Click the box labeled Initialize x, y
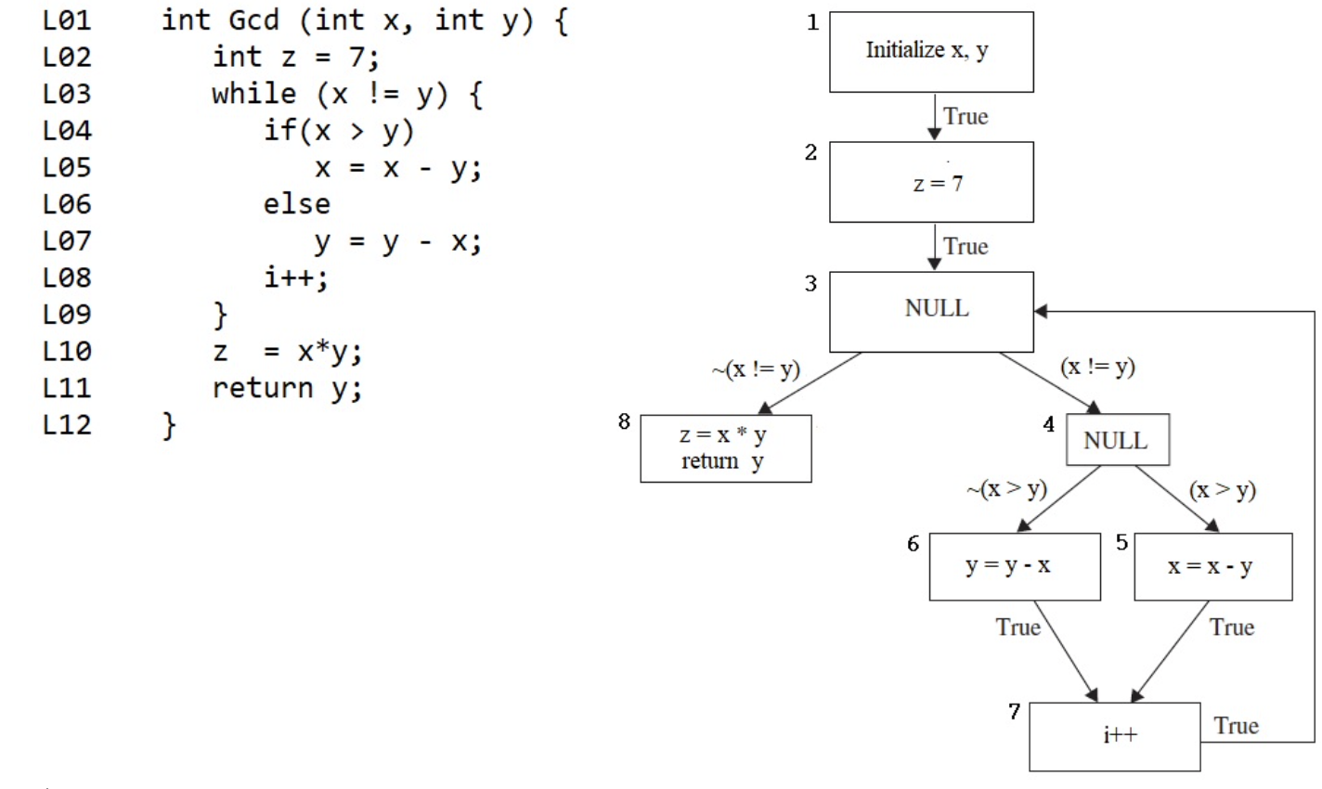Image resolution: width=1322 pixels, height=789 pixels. click(930, 52)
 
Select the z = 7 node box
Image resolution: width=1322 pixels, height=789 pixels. click(930, 182)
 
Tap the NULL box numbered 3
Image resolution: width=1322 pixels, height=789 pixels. click(930, 311)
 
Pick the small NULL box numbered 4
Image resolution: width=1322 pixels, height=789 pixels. click(1117, 440)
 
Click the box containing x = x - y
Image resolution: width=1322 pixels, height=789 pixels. click(1212, 566)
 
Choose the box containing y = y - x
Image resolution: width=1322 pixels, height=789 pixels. click(1014, 566)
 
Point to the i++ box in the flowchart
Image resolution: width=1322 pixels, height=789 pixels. click(1114, 736)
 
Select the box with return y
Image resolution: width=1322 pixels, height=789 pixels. click(725, 448)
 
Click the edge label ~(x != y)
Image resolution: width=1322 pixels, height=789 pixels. click(756, 369)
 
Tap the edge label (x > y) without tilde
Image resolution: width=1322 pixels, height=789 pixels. click(1222, 489)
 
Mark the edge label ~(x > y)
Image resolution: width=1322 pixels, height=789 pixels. click(1006, 489)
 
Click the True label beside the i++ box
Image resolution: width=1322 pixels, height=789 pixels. click(1236, 726)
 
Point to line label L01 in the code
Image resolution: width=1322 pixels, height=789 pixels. click(67, 20)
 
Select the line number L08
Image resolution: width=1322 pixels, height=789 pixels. click(67, 278)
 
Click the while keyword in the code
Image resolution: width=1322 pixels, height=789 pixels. click(253, 94)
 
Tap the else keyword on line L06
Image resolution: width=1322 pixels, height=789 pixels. click(296, 204)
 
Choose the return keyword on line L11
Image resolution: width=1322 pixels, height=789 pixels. click(262, 388)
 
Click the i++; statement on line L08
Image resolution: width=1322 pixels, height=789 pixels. click(295, 278)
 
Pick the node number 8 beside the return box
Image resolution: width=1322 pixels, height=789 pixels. click(624, 422)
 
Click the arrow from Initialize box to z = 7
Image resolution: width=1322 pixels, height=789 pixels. click(934, 116)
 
